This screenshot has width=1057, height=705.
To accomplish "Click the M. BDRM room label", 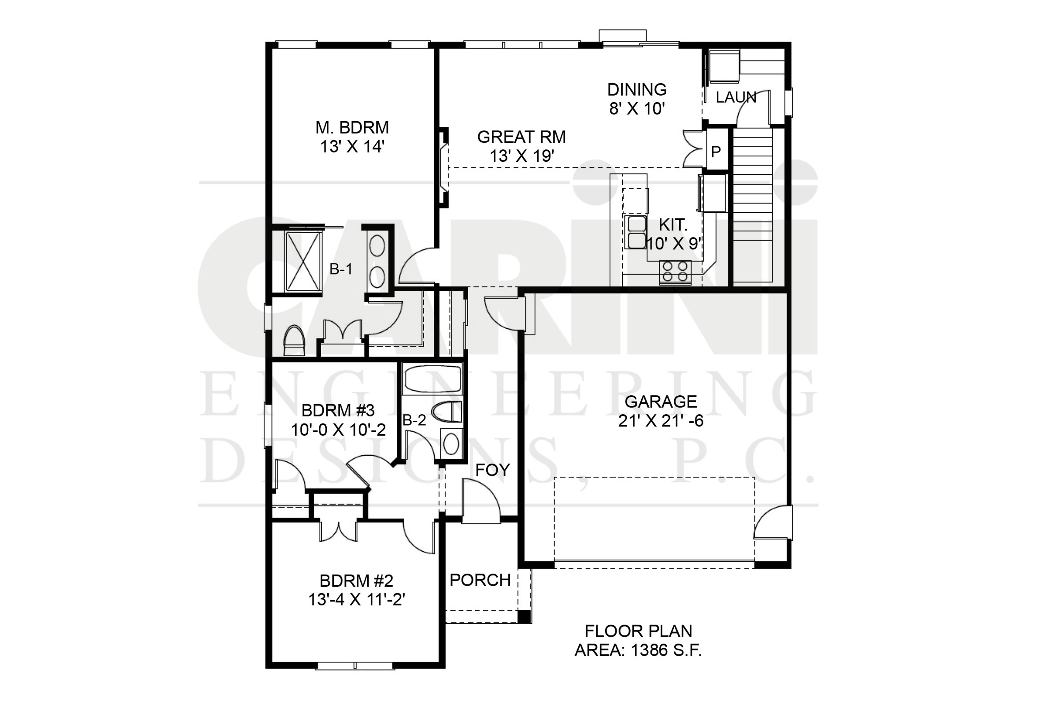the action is coord(352,128).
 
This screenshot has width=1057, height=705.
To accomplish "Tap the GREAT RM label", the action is coord(521,137).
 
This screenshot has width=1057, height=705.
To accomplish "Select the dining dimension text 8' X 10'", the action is coord(637,108).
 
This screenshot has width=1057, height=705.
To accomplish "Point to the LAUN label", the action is coord(735,97).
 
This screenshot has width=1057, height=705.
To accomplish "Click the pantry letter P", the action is coord(716,152).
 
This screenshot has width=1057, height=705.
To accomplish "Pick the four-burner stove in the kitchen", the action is coord(675,272).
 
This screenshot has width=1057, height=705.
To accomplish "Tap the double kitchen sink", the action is coord(635,232).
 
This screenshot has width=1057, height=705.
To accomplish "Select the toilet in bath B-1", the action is coord(294,340).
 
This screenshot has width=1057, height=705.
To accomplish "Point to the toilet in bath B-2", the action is coord(446,412).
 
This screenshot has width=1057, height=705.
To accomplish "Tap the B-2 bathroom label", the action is coord(414,420).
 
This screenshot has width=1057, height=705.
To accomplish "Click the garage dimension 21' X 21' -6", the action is coord(661,421).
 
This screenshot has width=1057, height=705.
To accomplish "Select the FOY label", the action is coord(492,470).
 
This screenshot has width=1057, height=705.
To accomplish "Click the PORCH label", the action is coord(480,580).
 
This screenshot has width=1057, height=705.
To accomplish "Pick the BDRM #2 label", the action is coord(356,581).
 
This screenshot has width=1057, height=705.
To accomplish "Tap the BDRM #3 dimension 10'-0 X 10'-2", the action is coord(338,430).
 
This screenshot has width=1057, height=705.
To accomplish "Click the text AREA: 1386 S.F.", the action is coord(638,651).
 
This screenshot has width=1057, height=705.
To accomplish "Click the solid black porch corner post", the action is coord(524,616).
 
